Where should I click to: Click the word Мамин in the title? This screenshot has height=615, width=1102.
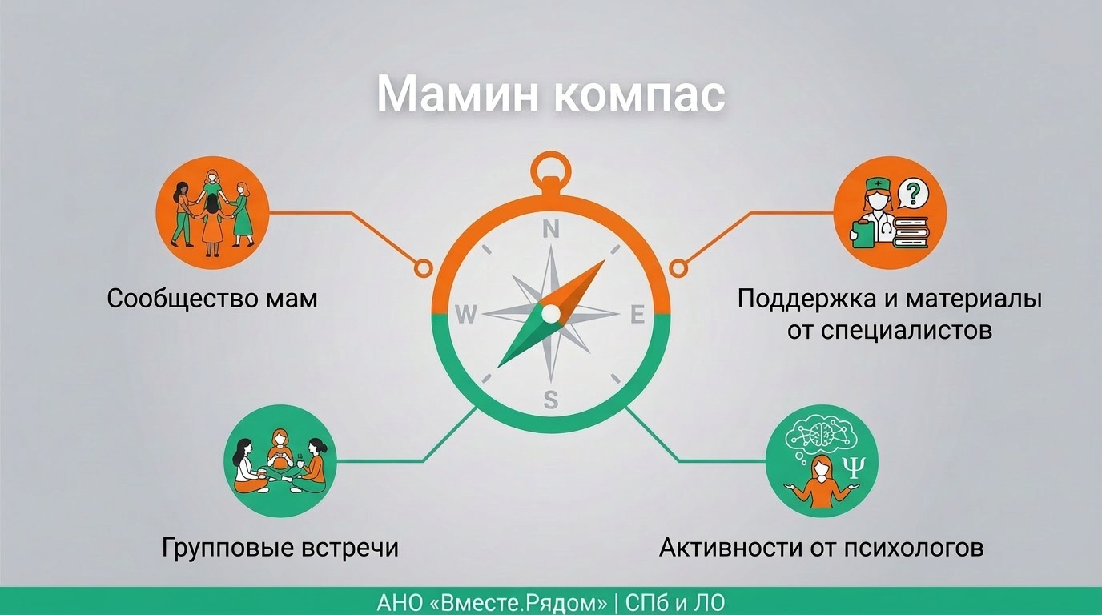tap(457, 94)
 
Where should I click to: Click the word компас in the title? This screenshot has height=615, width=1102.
tap(639, 94)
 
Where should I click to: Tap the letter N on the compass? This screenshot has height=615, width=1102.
tap(550, 229)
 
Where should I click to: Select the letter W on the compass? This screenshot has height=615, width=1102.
tap(466, 314)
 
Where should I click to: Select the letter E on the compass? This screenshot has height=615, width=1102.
tap(637, 314)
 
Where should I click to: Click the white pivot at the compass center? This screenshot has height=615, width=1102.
tap(551, 313)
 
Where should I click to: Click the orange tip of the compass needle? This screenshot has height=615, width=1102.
tap(604, 260)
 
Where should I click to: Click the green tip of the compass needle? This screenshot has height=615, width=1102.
tap(498, 367)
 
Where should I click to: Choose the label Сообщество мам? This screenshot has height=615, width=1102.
tap(212, 299)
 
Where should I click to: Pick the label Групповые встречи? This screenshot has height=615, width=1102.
tap(280, 548)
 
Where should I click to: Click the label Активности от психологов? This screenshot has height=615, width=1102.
tap(821, 548)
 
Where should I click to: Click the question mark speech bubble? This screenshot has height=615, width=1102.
tap(914, 193)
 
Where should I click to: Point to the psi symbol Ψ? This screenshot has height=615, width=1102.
tap(854, 467)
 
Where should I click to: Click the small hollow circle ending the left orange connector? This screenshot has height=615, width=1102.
tap(423, 268)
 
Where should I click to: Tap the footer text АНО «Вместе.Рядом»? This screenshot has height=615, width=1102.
tap(492, 603)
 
